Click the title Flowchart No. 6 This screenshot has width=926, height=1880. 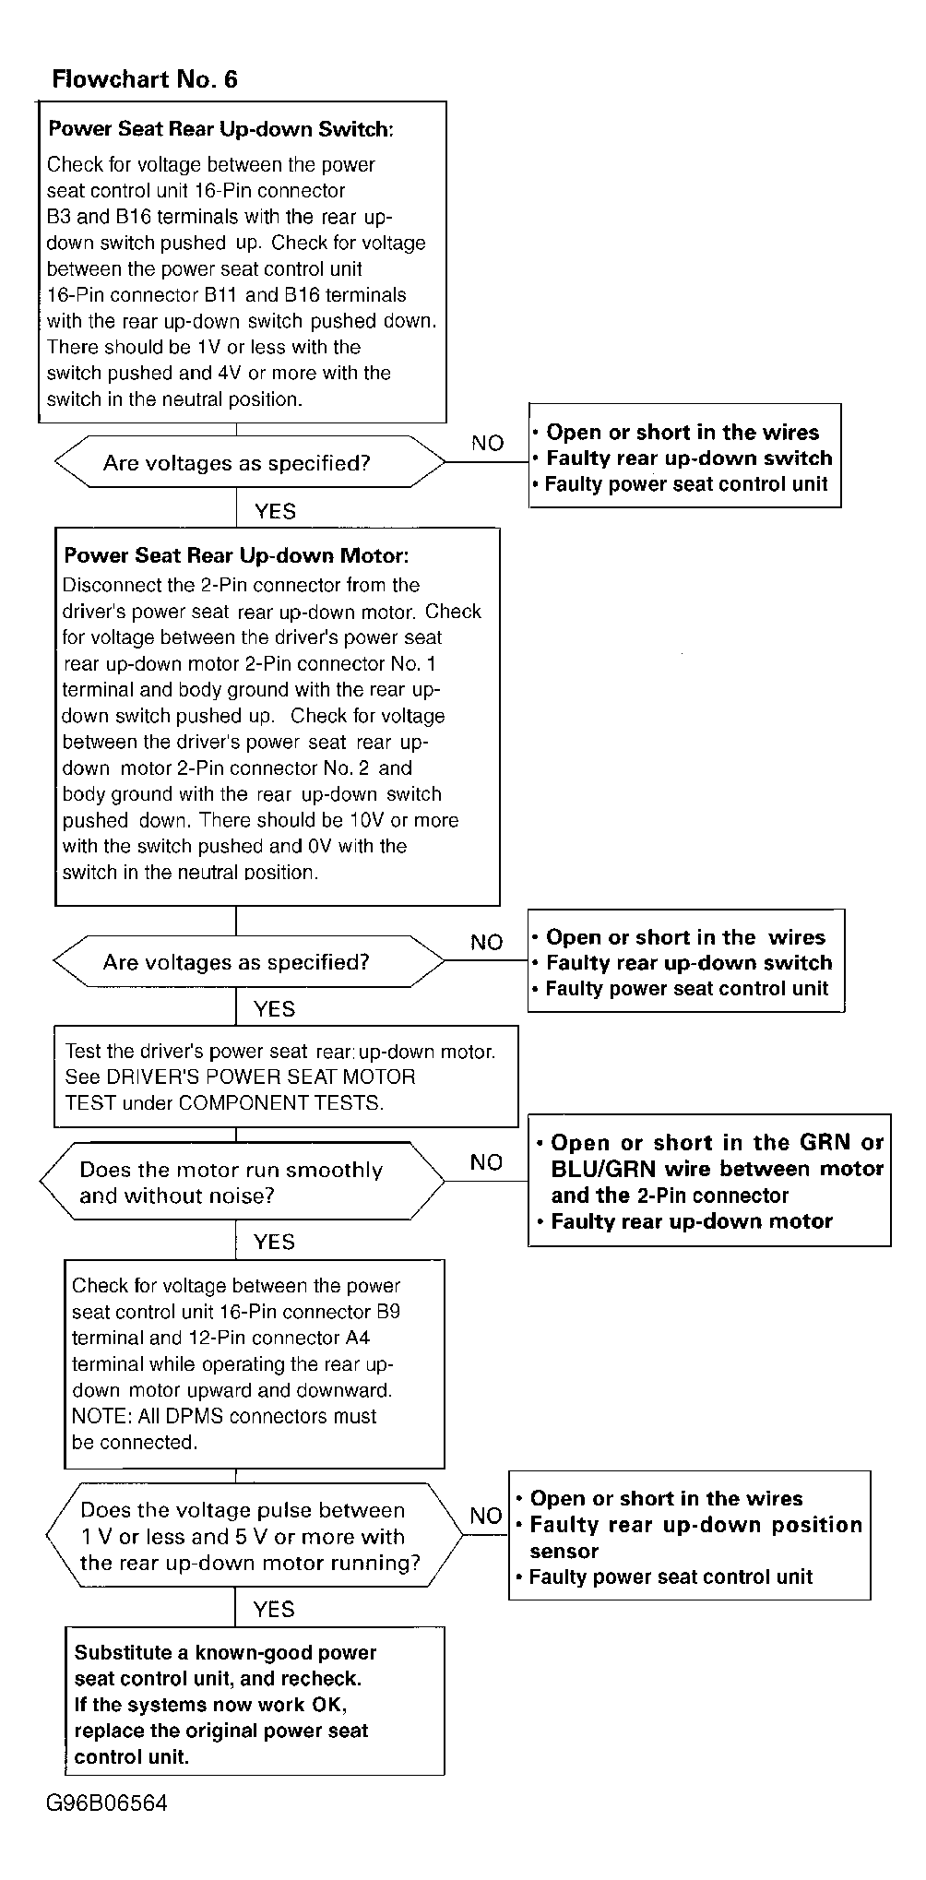(145, 79)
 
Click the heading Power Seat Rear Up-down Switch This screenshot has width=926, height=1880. (220, 129)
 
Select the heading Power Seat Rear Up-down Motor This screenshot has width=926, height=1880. (236, 555)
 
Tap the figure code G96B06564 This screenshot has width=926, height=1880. (107, 1803)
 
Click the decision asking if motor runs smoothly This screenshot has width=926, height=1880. (242, 1183)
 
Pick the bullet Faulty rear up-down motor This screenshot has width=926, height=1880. (691, 1221)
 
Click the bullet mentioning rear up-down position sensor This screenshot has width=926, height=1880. (695, 1538)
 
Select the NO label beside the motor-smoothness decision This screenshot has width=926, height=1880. (486, 1162)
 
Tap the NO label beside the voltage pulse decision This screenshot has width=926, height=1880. (486, 1516)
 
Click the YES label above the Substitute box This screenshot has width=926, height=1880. (274, 1610)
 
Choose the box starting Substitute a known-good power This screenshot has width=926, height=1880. (255, 1704)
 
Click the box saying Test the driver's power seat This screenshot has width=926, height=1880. (285, 1077)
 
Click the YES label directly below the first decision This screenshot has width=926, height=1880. (275, 511)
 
